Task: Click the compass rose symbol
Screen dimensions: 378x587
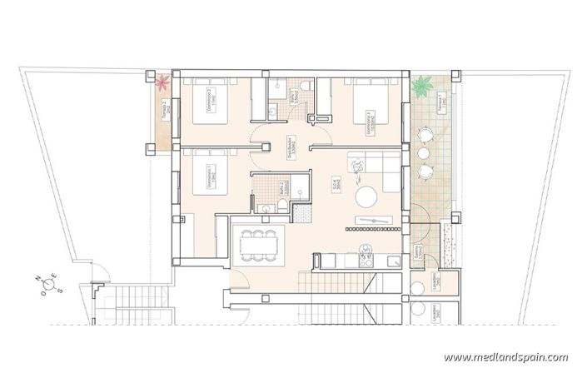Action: pos(49,285)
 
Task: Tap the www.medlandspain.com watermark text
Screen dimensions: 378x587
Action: pos(505,357)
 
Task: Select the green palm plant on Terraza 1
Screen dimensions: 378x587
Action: pos(423,84)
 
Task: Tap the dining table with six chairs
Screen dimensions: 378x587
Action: pos(258,245)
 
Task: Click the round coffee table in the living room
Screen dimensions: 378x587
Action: pos(365,196)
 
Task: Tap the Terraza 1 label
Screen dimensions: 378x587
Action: pos(442,103)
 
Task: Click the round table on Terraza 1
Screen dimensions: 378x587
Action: pos(425,153)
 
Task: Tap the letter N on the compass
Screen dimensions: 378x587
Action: pos(37,279)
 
